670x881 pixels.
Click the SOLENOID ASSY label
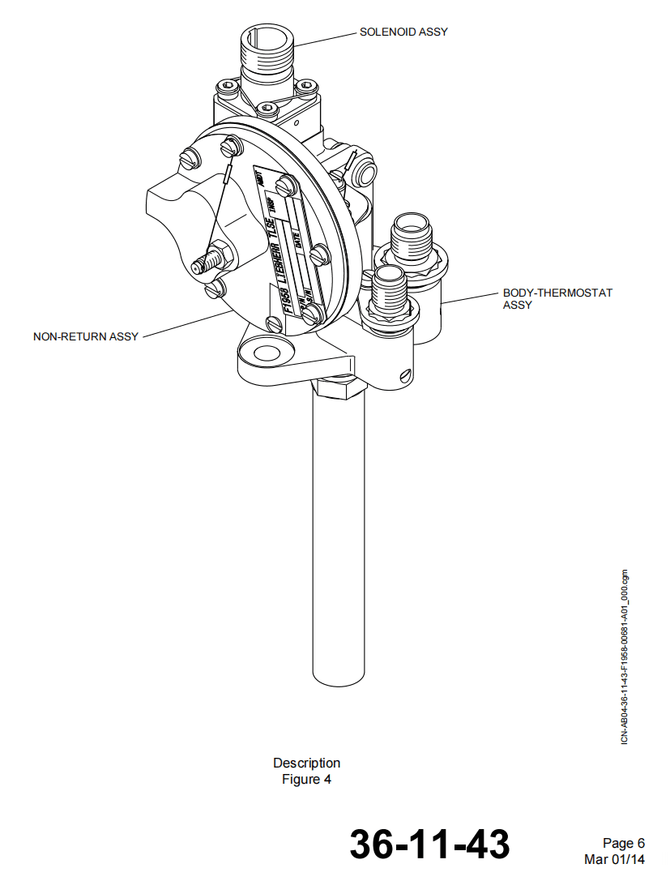(x=403, y=32)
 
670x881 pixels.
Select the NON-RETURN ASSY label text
(x=86, y=336)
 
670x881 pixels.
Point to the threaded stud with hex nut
(x=208, y=261)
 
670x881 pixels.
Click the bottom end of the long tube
(x=338, y=677)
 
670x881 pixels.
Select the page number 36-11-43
(x=429, y=844)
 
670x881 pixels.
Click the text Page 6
(x=623, y=844)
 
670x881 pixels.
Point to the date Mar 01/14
(x=615, y=859)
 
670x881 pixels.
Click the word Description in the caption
(x=306, y=763)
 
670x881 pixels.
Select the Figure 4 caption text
(x=306, y=780)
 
